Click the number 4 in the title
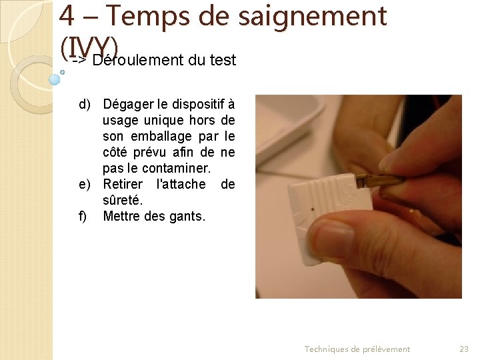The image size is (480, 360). pos(67,16)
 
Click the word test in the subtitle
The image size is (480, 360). pos(222,61)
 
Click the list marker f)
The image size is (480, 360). pos(83,216)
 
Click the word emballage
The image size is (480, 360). pos(161,136)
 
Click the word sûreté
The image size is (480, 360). pos(123,200)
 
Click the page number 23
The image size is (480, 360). pos(464,349)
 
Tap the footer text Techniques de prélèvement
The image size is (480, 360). pos(357,349)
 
